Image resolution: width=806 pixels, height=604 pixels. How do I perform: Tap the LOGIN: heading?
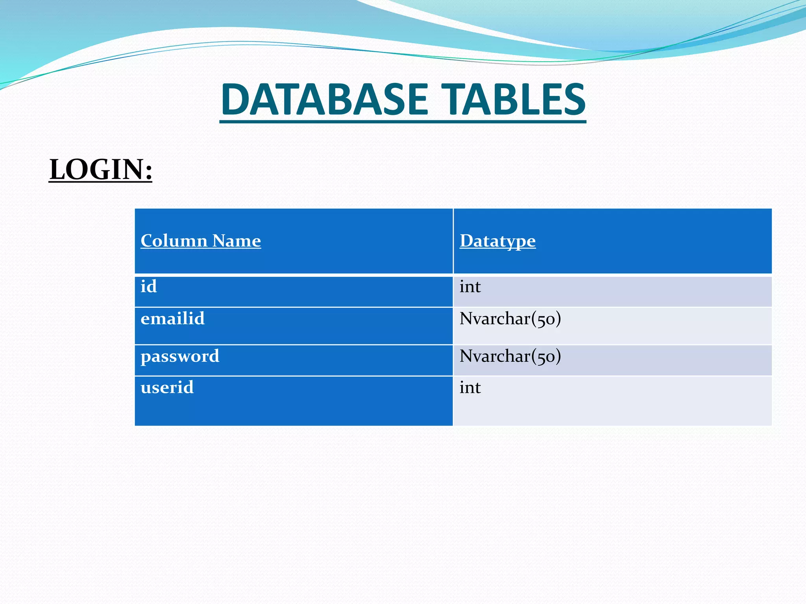pos(100,169)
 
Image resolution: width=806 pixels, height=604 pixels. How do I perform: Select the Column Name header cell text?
pos(201,241)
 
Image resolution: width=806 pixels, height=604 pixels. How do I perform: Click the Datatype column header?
pos(497,241)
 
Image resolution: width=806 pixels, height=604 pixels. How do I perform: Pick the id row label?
pos(149,286)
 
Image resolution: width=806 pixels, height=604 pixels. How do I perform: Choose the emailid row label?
pos(172,318)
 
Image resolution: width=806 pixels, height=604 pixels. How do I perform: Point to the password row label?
pos(180,356)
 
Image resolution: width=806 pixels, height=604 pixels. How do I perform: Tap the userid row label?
pos(167,387)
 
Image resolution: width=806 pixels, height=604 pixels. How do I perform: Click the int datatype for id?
pos(470,287)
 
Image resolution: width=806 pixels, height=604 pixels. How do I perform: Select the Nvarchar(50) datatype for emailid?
pos(510,319)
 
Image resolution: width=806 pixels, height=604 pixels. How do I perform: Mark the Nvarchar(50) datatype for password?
pos(510,356)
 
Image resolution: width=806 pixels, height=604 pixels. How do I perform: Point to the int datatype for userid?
pos(470,388)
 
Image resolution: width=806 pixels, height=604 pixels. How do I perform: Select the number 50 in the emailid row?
pos(546,319)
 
